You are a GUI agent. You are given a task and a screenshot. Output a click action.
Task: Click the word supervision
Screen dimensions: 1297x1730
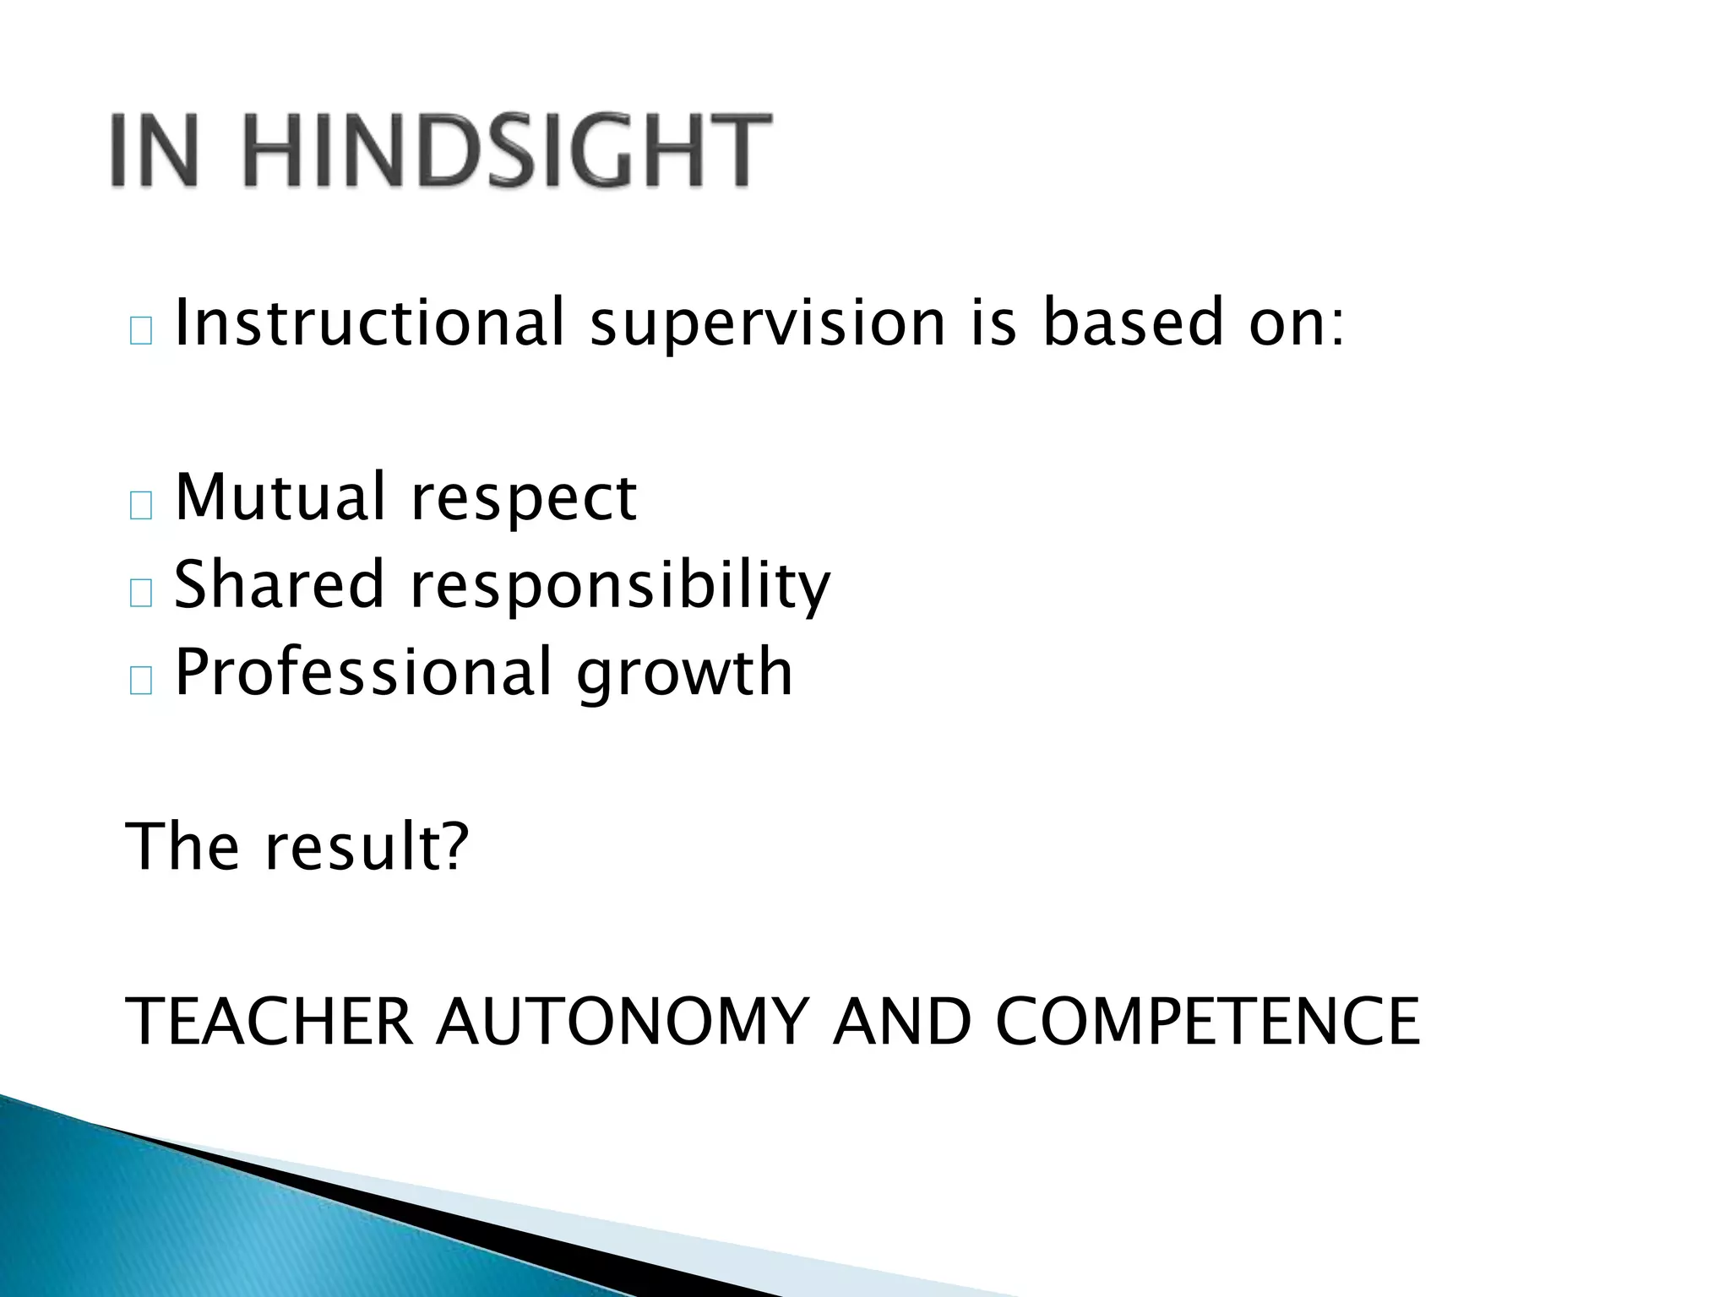pos(767,324)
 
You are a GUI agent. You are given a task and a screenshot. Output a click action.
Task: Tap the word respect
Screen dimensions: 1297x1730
pos(523,500)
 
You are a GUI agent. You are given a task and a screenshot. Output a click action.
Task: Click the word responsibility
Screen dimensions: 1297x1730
pos(620,586)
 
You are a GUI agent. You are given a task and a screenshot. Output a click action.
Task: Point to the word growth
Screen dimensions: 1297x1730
pos(684,674)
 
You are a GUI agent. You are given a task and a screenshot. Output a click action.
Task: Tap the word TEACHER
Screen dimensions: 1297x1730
pos(269,1021)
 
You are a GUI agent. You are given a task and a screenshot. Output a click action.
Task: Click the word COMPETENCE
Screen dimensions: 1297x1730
pos(1208,1021)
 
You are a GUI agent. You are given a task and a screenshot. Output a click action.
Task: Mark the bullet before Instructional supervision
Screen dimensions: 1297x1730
pos(141,333)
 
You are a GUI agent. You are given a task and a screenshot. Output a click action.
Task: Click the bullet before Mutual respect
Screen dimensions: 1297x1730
pos(141,507)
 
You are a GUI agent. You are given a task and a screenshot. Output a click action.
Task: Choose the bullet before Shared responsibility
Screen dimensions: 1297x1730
pos(141,594)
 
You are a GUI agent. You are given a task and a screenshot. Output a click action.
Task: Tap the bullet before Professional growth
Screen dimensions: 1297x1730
pos(141,681)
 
